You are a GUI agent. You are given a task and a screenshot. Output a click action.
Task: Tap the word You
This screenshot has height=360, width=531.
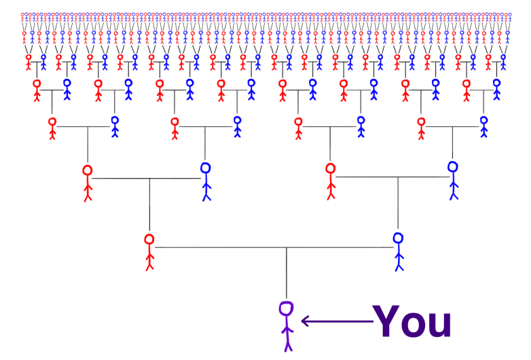coord(412,322)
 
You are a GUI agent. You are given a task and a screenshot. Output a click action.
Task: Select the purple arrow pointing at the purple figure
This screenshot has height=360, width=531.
coord(337,321)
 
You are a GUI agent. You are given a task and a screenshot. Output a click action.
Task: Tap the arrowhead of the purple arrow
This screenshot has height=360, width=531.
coord(305,321)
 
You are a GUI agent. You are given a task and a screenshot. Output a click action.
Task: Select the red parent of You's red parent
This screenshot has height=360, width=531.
coord(87,182)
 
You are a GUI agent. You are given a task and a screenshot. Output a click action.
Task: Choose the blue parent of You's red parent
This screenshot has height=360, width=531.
coord(206,180)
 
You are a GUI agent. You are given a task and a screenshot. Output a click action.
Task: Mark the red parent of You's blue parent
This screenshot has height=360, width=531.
coord(331,181)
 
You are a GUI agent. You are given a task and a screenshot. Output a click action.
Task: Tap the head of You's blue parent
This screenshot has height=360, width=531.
coord(399,238)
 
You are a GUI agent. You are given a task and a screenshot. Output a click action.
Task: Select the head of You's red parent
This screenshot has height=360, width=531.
coord(149,239)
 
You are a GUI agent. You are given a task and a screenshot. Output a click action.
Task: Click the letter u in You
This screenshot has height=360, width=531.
coord(439,325)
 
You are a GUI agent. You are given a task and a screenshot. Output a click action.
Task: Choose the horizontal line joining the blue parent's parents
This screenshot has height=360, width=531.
coord(394,177)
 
